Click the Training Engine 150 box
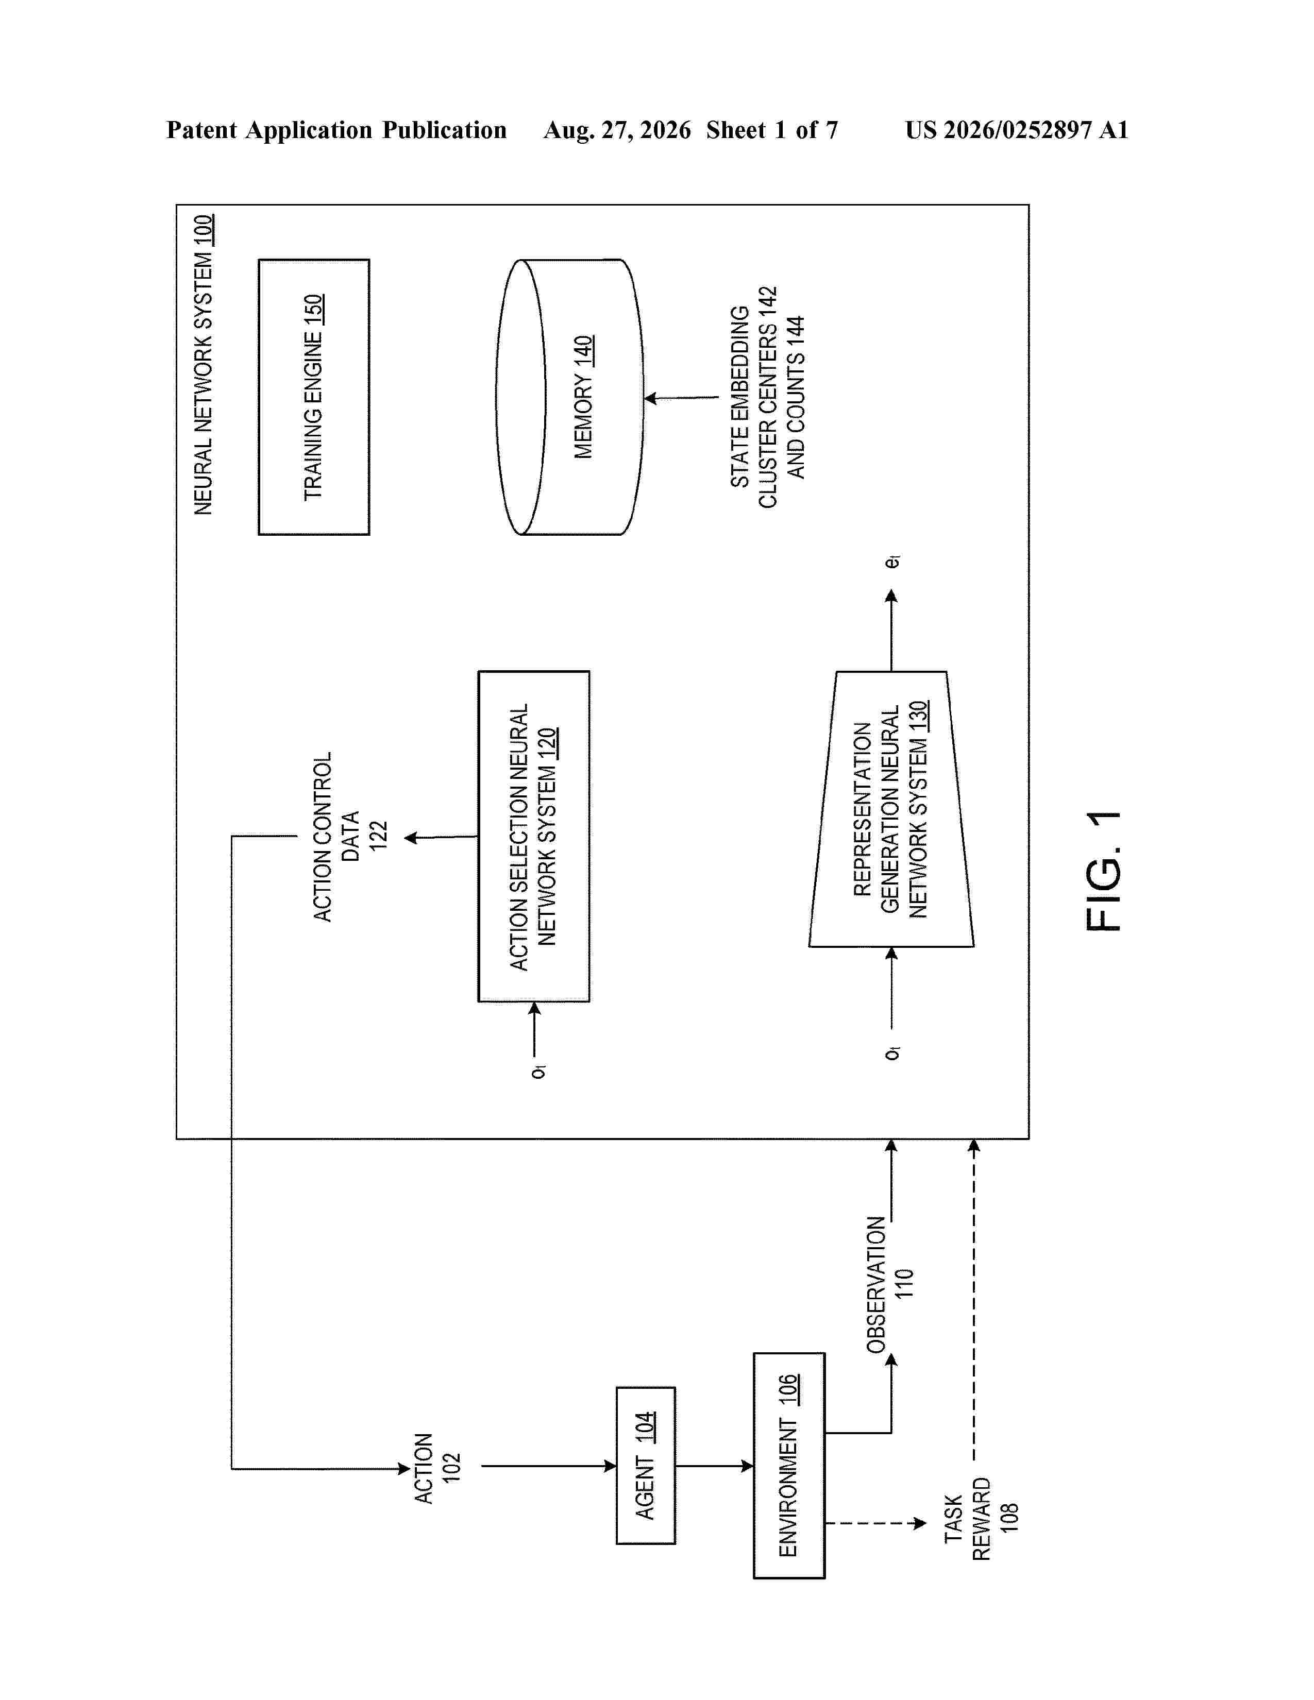pyautogui.click(x=314, y=397)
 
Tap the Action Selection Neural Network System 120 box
pyautogui.click(x=534, y=836)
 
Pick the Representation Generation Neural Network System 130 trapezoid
pyautogui.click(x=891, y=809)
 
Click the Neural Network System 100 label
pyautogui.click(x=203, y=364)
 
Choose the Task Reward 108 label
pyautogui.click(x=981, y=1519)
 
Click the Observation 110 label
pyautogui.click(x=890, y=1284)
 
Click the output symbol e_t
pyautogui.click(x=893, y=560)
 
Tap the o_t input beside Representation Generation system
pyautogui.click(x=893, y=1052)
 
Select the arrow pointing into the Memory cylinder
pyautogui.click(x=682, y=398)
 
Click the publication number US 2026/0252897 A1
pyautogui.click(x=1017, y=130)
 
